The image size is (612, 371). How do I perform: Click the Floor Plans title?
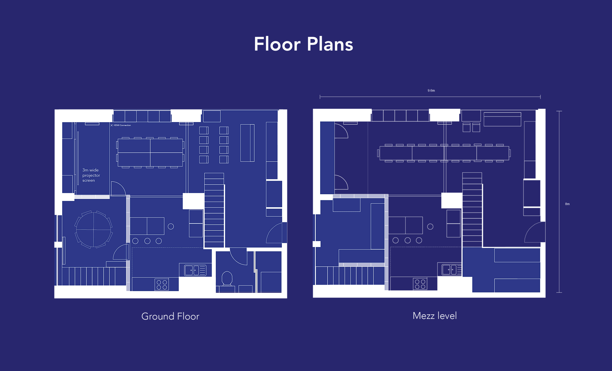coord(303,44)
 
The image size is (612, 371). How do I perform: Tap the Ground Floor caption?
coord(170,316)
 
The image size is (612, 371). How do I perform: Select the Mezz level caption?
coord(435,316)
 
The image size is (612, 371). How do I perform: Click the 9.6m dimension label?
coord(431,90)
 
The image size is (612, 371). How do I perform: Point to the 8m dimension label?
coord(567,204)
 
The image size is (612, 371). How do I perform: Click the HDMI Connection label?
coord(122,125)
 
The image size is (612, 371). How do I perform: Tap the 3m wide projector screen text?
coord(91,175)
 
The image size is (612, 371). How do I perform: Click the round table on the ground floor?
coord(93,230)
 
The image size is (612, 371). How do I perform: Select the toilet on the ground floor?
coord(227,278)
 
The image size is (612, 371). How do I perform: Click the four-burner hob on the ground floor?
coord(162,285)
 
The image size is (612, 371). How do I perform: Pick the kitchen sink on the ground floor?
coord(195,270)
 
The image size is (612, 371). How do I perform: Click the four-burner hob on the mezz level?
coord(420,284)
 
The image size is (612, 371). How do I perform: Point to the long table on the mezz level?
coord(444,153)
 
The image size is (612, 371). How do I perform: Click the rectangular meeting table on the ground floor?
coord(150,153)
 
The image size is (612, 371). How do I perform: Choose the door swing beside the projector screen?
coord(118,189)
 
